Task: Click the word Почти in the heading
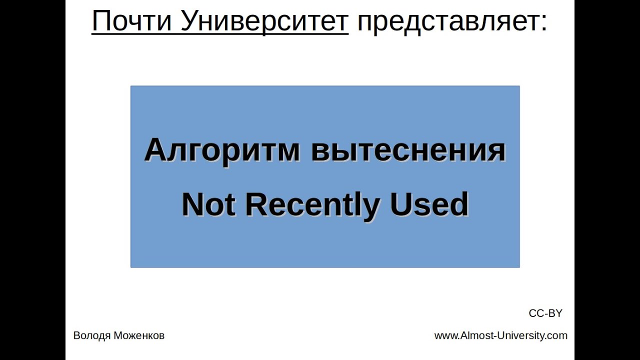coord(130,21)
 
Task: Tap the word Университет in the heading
coord(264,21)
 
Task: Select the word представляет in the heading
coord(447,21)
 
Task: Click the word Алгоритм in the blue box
coord(222,150)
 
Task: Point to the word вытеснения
coord(408,150)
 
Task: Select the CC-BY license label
coord(545,313)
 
